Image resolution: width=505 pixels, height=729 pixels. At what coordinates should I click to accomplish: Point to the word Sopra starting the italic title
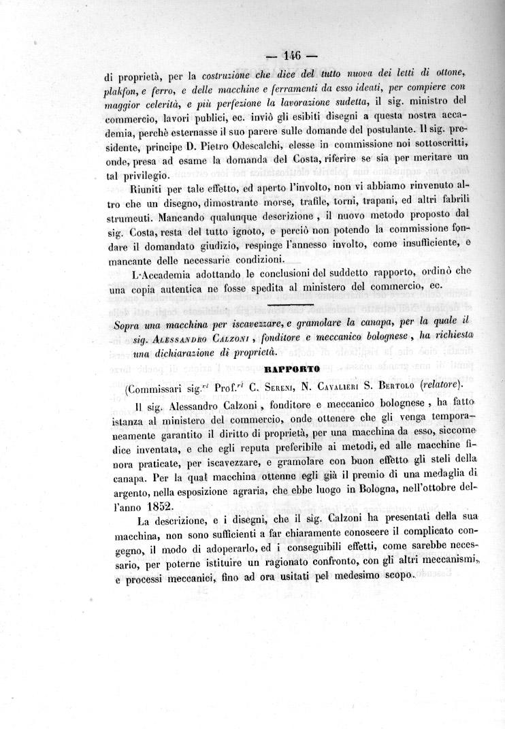coord(129,323)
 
